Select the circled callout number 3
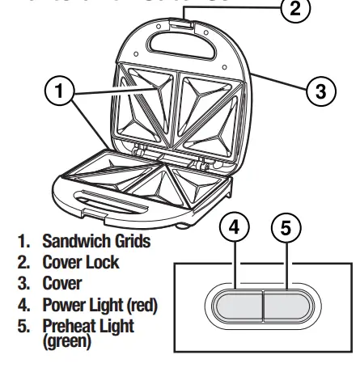(321, 90)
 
